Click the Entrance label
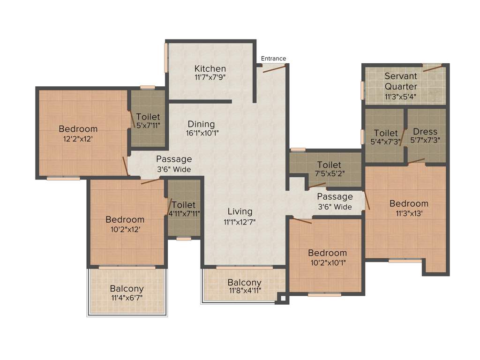pos(273,59)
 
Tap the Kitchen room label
pos(210,69)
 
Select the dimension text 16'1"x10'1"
pos(202,133)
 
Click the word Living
pos(240,211)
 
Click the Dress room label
pos(425,132)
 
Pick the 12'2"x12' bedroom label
pos(78,129)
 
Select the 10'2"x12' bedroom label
pos(125,219)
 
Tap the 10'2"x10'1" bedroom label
pos(328,253)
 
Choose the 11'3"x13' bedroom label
pos(409,203)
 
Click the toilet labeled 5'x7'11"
pos(148,117)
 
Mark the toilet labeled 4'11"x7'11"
pos(183,205)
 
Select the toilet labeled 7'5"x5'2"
pos(329,165)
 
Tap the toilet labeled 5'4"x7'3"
pos(386,133)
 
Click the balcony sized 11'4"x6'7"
pos(127,289)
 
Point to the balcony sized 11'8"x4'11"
pos(244,283)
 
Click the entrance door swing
pos(274,68)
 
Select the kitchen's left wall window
pos(166,58)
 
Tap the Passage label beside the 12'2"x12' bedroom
pos(174,159)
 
